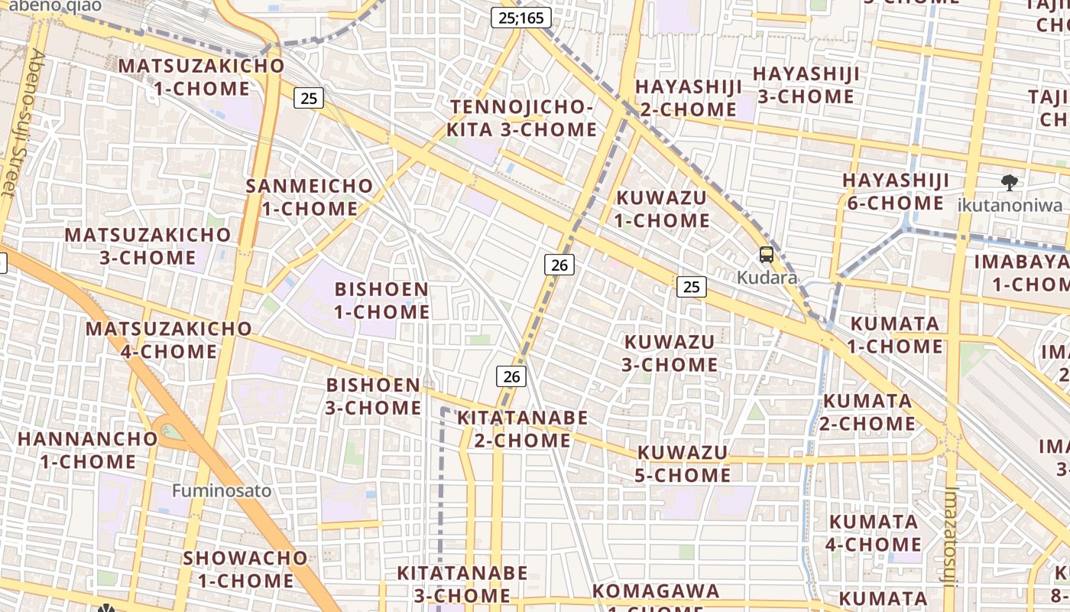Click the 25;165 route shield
click(520, 18)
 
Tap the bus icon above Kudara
click(767, 255)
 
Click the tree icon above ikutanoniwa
click(1010, 183)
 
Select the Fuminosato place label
click(222, 490)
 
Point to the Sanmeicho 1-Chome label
click(310, 197)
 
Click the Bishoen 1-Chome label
click(382, 301)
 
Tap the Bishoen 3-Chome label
click(374, 396)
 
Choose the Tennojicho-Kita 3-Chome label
click(521, 119)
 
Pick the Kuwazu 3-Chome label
click(670, 353)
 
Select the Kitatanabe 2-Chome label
click(523, 429)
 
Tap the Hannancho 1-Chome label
click(87, 451)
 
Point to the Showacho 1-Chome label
click(245, 569)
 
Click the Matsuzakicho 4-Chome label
click(169, 340)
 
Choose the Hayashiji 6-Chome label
click(896, 192)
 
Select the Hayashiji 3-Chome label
click(806, 85)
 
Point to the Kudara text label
click(767, 278)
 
